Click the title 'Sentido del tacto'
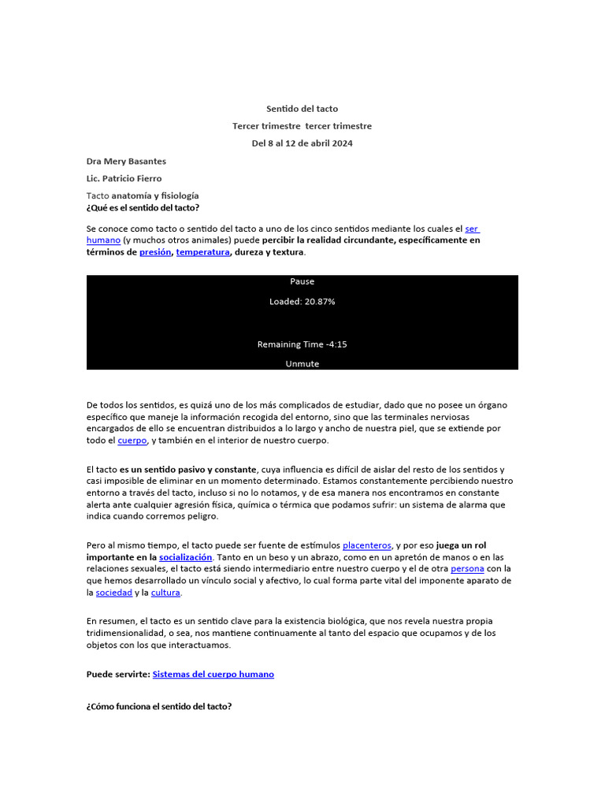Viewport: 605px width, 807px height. [302, 109]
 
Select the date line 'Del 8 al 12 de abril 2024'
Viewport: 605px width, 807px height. [302, 143]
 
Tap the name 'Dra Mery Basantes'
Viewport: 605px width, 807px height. [126, 162]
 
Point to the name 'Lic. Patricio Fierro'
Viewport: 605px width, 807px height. [124, 178]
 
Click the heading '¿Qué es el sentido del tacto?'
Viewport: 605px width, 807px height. [143, 207]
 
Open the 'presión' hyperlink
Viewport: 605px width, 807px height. [154, 252]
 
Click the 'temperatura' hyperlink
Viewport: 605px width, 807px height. [202, 252]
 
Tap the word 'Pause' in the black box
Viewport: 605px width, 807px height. [302, 281]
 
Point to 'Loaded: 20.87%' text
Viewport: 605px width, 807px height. [302, 301]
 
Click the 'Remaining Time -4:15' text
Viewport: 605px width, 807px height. [302, 344]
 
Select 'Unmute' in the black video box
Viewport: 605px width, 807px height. [302, 364]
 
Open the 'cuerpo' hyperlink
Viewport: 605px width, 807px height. [132, 441]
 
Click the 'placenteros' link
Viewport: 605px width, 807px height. [366, 545]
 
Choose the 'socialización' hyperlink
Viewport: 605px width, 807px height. [186, 556]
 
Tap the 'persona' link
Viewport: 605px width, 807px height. [467, 568]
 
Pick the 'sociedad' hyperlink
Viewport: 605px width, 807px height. [114, 592]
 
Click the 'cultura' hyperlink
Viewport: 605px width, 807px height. [165, 592]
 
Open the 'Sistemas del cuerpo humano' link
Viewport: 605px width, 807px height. [213, 675]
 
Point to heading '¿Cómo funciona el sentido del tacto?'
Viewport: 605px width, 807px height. [159, 706]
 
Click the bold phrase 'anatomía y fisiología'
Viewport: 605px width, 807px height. [155, 195]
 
